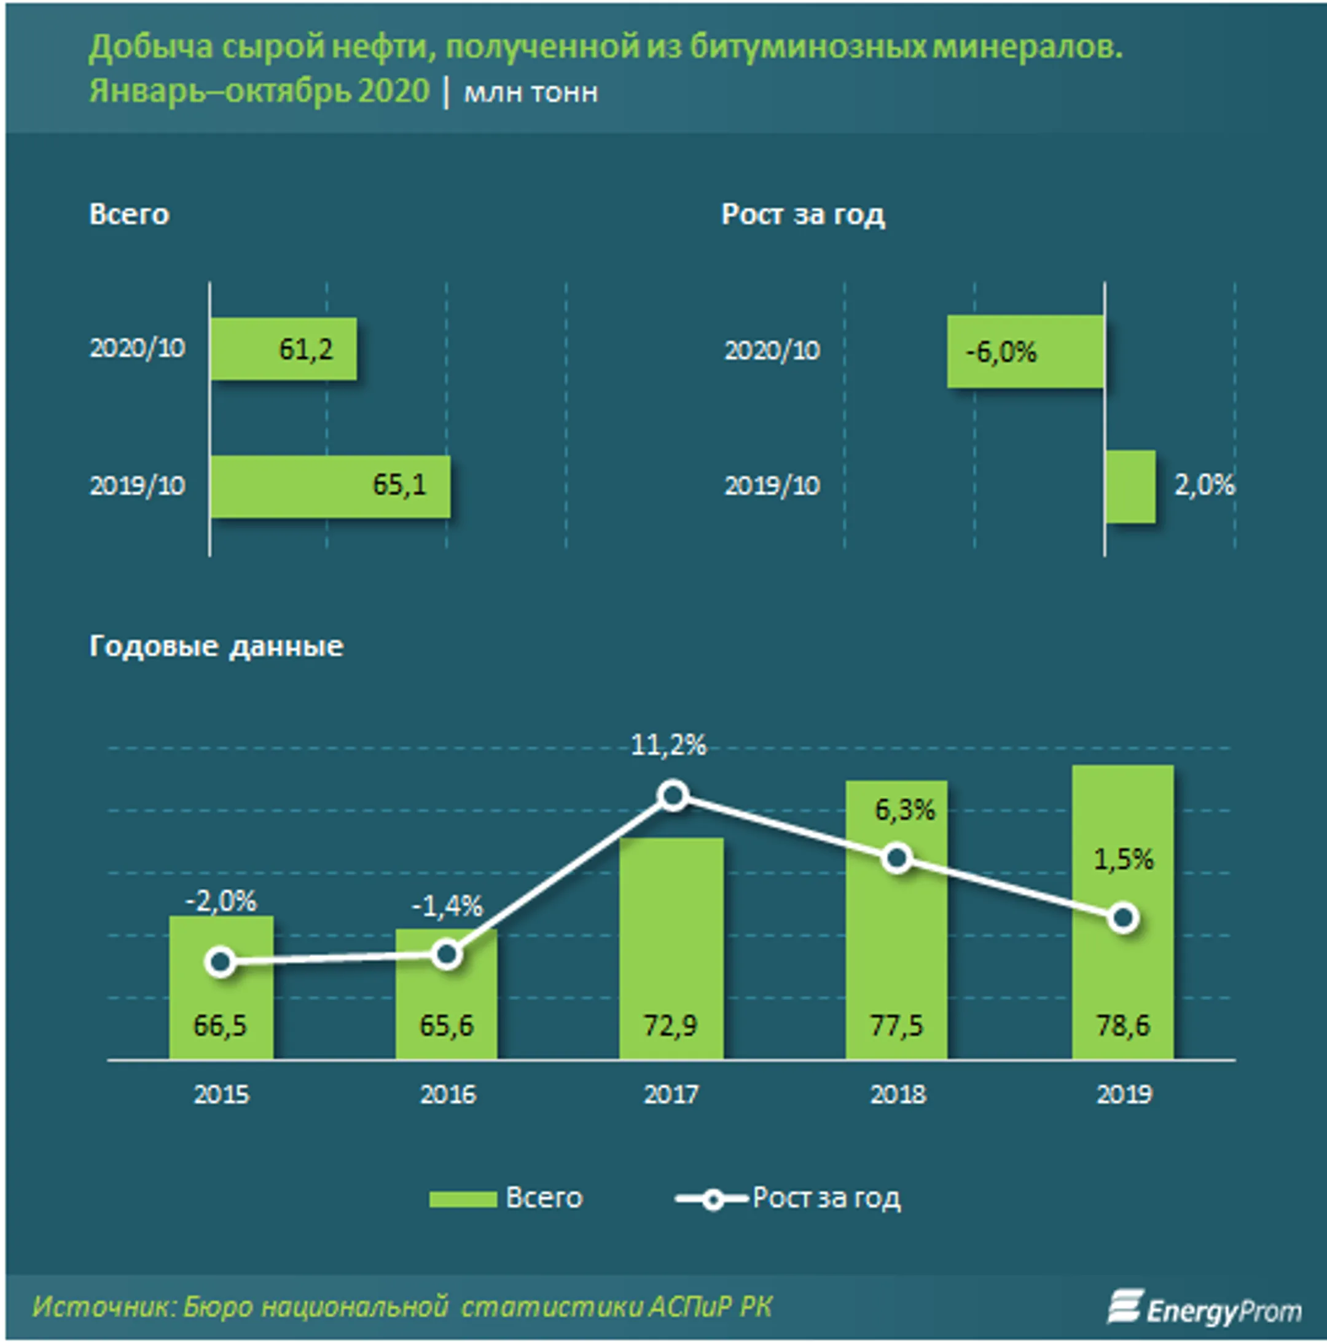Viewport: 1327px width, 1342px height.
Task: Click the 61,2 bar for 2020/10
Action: [x=283, y=349]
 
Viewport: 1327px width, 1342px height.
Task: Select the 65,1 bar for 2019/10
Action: [x=330, y=486]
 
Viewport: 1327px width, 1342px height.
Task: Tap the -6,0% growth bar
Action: [x=1025, y=351]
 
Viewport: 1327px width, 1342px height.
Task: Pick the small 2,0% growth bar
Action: [x=1130, y=486]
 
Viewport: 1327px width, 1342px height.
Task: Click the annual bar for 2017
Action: [x=671, y=948]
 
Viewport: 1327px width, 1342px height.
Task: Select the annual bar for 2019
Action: [x=1123, y=912]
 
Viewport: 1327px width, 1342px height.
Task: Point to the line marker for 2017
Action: [x=673, y=795]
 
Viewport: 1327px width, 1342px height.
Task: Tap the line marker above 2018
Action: [x=897, y=859]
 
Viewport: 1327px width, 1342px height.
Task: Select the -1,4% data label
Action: [x=447, y=906]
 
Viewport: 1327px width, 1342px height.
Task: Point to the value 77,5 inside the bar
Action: [x=896, y=1025]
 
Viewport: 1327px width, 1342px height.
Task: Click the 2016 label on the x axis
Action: [x=447, y=1094]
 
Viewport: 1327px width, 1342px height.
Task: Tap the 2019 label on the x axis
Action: [x=1124, y=1094]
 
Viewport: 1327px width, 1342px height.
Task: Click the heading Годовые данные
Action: [x=216, y=647]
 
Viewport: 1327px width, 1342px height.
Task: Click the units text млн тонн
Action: [x=531, y=92]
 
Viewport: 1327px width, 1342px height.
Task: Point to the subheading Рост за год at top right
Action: [x=803, y=214]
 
